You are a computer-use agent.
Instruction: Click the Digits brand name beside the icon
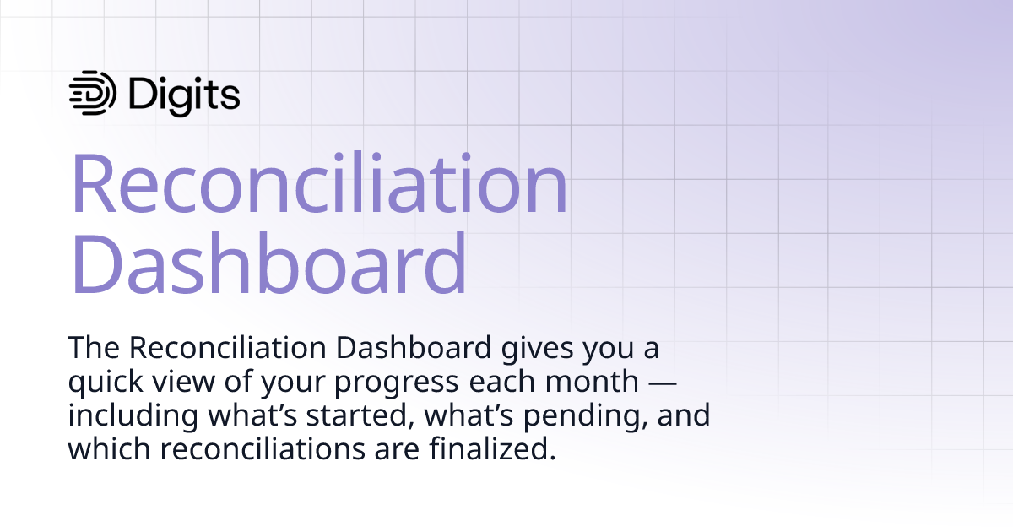pos(185,94)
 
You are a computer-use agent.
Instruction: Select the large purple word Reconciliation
pos(319,186)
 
